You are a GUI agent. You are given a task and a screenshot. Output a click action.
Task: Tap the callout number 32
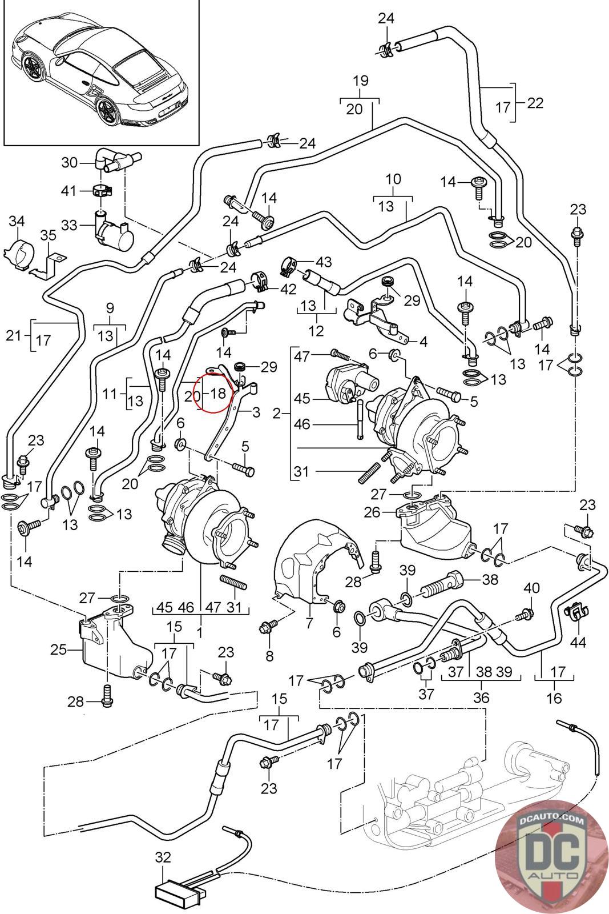pos(163,857)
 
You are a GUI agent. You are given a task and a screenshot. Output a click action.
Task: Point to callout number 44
pos(578,642)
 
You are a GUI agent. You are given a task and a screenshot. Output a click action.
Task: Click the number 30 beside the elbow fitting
pos(70,162)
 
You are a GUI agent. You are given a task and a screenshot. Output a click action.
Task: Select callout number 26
pos(373,511)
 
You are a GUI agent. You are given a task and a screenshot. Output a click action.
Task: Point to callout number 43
pos(324,262)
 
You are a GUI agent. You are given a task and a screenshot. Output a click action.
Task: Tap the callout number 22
pos(535,103)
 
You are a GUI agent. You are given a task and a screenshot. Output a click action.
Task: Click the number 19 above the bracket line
pos(360,80)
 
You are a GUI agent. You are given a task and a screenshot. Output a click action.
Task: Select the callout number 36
pos(481,697)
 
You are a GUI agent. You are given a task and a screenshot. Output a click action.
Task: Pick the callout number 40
pos(531,588)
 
